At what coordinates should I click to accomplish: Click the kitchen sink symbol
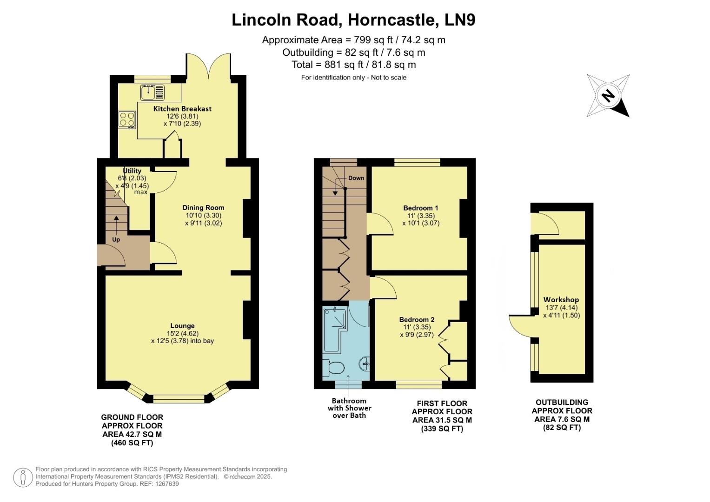153,92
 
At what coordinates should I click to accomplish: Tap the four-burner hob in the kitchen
127,119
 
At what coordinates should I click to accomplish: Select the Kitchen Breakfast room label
182,109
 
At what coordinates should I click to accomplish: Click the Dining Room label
203,208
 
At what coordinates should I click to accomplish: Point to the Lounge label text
182,326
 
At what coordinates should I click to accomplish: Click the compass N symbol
608,96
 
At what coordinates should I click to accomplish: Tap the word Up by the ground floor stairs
116,240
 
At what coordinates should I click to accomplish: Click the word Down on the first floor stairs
356,178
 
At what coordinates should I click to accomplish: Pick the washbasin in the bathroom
365,363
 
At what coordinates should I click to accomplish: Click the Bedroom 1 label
420,208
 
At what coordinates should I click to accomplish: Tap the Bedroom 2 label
417,320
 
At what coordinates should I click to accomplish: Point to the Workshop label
561,300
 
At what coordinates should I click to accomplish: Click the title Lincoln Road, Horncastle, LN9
353,20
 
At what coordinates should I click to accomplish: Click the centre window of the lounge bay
179,398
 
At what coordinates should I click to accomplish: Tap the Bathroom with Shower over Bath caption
349,408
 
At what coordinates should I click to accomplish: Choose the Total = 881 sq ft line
353,65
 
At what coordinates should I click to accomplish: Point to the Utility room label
132,171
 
